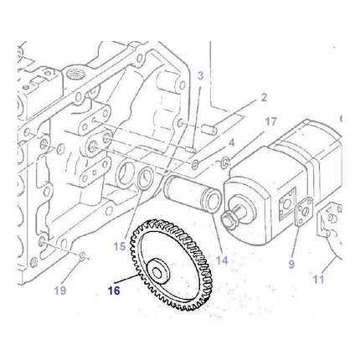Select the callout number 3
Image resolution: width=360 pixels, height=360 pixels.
point(201,77)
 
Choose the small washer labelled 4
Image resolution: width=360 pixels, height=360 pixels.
point(225,158)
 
